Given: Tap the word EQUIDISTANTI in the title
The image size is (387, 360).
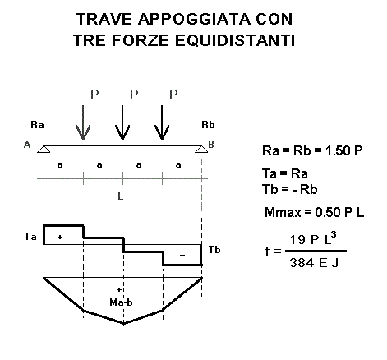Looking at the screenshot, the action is pyautogui.click(x=235, y=40).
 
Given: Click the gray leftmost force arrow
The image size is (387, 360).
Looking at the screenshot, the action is pyautogui.click(x=83, y=122).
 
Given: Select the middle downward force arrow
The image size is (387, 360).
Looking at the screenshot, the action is pyautogui.click(x=122, y=122).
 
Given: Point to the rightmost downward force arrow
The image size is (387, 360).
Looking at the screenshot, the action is pyautogui.click(x=162, y=122).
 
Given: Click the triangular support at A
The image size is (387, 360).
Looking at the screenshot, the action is pyautogui.click(x=44, y=149).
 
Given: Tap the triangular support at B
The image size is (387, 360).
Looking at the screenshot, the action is pyautogui.click(x=201, y=149).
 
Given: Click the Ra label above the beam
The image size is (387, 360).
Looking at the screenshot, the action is pyautogui.click(x=37, y=125).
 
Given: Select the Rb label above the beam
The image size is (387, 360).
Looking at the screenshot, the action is pyautogui.click(x=208, y=125).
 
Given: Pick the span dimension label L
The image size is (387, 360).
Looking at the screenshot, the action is pyautogui.click(x=121, y=196).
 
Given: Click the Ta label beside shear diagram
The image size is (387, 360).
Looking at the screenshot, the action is pyautogui.click(x=30, y=236).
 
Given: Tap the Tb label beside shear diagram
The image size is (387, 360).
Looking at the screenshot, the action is pyautogui.click(x=214, y=250).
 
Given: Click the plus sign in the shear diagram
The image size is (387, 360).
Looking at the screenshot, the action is pyautogui.click(x=60, y=237).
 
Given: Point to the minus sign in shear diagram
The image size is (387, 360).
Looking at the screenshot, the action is pyautogui.click(x=182, y=255).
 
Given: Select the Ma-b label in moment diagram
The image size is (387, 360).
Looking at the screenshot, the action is pyautogui.click(x=121, y=302).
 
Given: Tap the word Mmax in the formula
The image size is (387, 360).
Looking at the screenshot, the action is pyautogui.click(x=283, y=212).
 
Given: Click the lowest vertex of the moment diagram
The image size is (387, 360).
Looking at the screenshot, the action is pyautogui.click(x=123, y=324).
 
